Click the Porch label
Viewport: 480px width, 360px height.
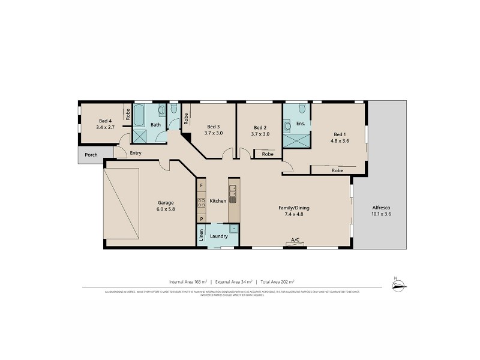point(91,155)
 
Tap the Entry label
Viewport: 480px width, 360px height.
point(136,154)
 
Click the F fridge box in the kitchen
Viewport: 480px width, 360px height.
point(202,186)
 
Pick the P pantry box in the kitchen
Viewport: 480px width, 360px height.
point(202,220)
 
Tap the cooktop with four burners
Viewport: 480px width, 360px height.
point(202,203)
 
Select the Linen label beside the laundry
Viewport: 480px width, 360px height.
point(201,236)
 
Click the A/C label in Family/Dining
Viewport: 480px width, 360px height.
point(295,240)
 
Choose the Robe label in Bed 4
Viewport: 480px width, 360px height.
point(128,114)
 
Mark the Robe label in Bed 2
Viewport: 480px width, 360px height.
point(268,154)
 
